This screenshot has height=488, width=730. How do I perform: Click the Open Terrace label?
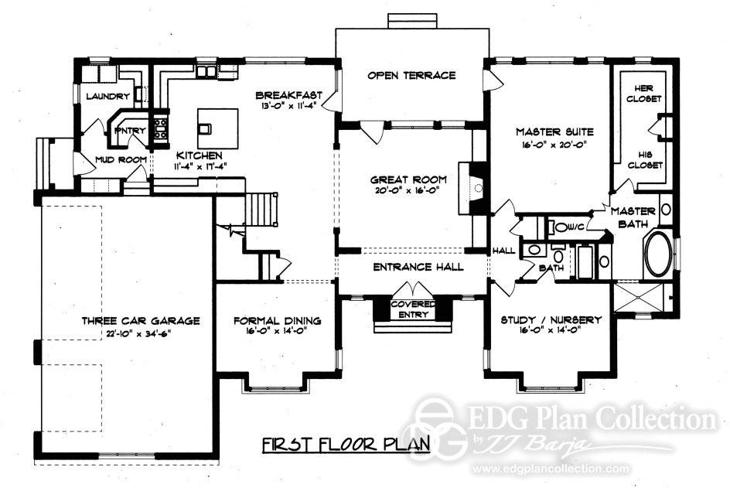[411, 75]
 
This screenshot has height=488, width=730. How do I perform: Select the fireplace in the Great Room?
[475, 187]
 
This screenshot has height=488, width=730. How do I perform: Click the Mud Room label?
[121, 160]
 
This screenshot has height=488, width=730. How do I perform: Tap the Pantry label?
[129, 131]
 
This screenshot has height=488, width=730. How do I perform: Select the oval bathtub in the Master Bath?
[660, 254]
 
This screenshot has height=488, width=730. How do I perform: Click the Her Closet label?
[643, 94]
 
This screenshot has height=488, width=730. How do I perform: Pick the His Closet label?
[643, 159]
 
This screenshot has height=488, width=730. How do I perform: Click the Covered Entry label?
[411, 309]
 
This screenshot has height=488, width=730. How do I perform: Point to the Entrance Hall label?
[418, 267]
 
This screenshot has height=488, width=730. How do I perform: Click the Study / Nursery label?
[551, 319]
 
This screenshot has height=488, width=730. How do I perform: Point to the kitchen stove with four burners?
[161, 128]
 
